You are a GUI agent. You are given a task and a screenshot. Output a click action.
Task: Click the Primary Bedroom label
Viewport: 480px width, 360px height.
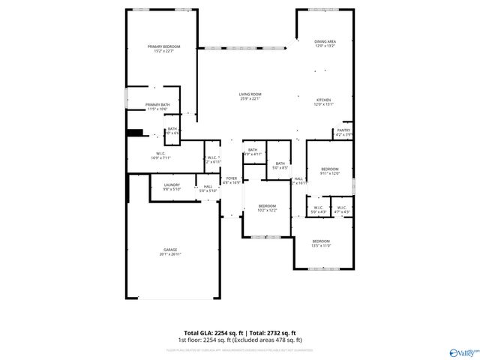(164, 46)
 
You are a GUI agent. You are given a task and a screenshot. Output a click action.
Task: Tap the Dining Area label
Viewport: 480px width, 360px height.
(325, 41)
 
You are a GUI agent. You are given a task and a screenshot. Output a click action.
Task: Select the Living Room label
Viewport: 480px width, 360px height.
(250, 94)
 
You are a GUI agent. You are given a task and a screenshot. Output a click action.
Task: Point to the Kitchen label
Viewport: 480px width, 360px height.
(324, 100)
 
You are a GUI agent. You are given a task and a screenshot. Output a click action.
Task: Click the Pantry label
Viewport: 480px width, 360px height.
(343, 130)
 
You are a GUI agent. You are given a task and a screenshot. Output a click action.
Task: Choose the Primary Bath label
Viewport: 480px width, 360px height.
(157, 105)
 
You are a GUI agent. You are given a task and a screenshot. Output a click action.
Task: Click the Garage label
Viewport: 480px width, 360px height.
(171, 250)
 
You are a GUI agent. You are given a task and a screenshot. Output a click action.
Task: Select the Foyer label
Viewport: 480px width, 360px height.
(232, 178)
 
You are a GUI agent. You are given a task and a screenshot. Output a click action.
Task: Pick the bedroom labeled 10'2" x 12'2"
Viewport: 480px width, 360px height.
(268, 206)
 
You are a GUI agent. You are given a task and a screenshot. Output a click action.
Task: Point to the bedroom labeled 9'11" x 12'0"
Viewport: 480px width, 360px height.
(331, 169)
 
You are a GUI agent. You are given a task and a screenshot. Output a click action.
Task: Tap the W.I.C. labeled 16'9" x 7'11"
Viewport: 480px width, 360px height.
(161, 154)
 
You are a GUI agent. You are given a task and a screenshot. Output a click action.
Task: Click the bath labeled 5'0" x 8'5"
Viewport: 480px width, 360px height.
(280, 163)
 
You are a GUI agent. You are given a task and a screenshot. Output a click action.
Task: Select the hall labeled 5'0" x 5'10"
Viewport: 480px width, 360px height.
(208, 187)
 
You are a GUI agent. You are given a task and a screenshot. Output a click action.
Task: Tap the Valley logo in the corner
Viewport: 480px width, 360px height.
(463, 351)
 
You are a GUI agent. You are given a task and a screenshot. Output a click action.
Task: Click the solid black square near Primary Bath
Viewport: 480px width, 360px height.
(135, 133)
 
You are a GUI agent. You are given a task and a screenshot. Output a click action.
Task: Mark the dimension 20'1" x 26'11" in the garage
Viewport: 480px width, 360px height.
(171, 254)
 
